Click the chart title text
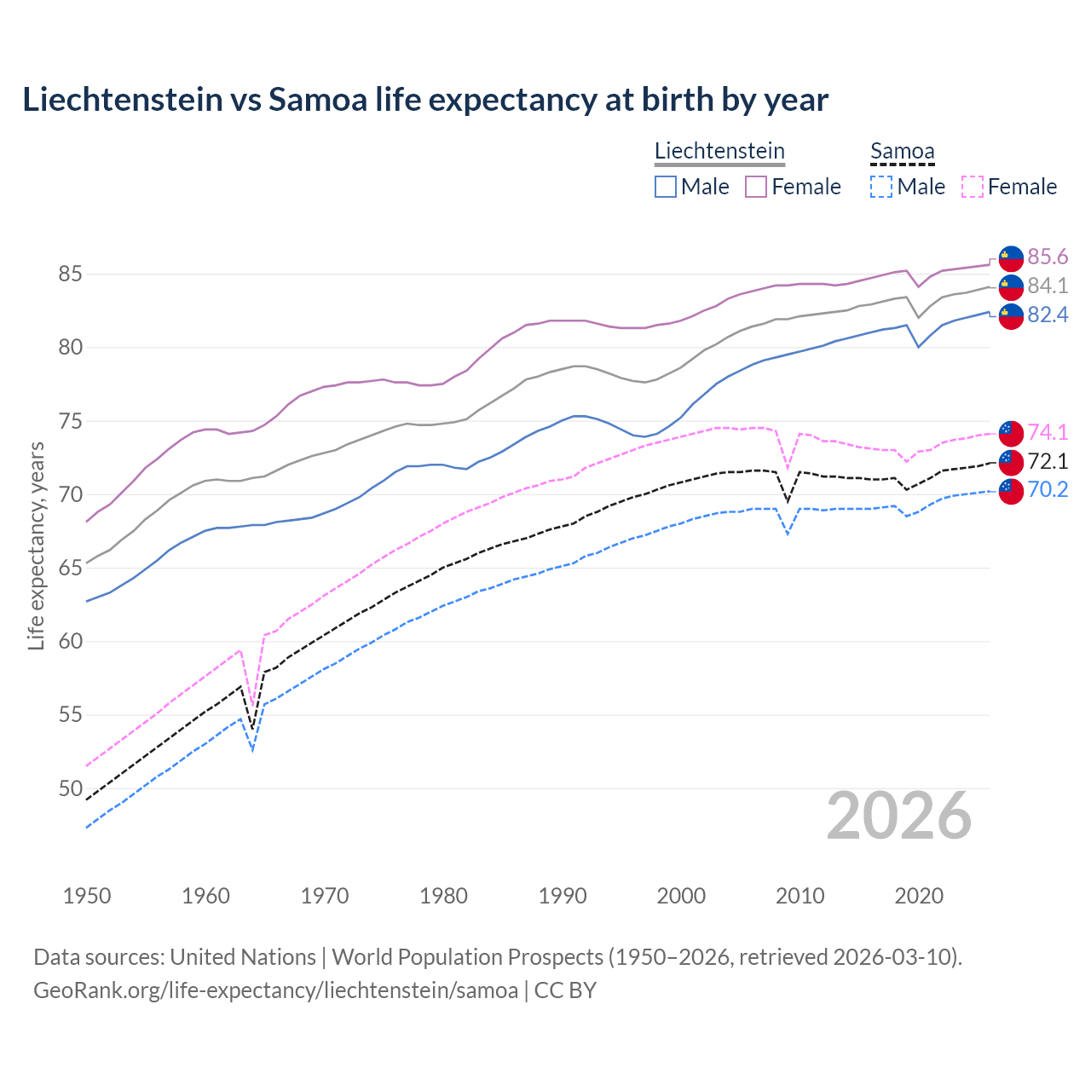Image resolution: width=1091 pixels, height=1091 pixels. (425, 100)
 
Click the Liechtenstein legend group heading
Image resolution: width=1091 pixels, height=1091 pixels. (719, 151)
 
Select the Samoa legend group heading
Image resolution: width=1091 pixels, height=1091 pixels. (903, 151)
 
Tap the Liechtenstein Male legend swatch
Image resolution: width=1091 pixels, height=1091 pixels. (666, 187)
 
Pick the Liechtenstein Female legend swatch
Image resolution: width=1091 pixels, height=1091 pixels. (756, 187)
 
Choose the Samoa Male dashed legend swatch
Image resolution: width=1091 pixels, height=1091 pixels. (881, 187)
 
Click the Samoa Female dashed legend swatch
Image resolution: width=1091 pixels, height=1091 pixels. (972, 187)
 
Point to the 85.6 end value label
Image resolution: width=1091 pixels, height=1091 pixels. (1048, 257)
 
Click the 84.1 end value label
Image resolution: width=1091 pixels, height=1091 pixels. (1048, 286)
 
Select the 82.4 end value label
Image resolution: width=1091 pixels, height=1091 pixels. (1048, 315)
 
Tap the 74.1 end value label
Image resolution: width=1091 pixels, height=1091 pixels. (1048, 432)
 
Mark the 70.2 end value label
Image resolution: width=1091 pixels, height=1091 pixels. (1048, 489)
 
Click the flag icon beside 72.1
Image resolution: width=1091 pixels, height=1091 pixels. (1011, 461)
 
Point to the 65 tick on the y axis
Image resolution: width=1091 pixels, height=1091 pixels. (70, 568)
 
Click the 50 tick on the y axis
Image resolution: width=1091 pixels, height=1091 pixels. (70, 788)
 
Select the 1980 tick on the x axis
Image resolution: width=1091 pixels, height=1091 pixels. (443, 896)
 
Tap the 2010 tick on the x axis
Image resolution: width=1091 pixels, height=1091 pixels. (799, 896)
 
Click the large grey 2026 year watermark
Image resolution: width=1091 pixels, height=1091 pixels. (899, 816)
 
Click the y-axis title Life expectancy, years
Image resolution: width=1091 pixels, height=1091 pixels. (36, 545)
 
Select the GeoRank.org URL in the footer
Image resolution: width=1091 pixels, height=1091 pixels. (275, 990)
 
